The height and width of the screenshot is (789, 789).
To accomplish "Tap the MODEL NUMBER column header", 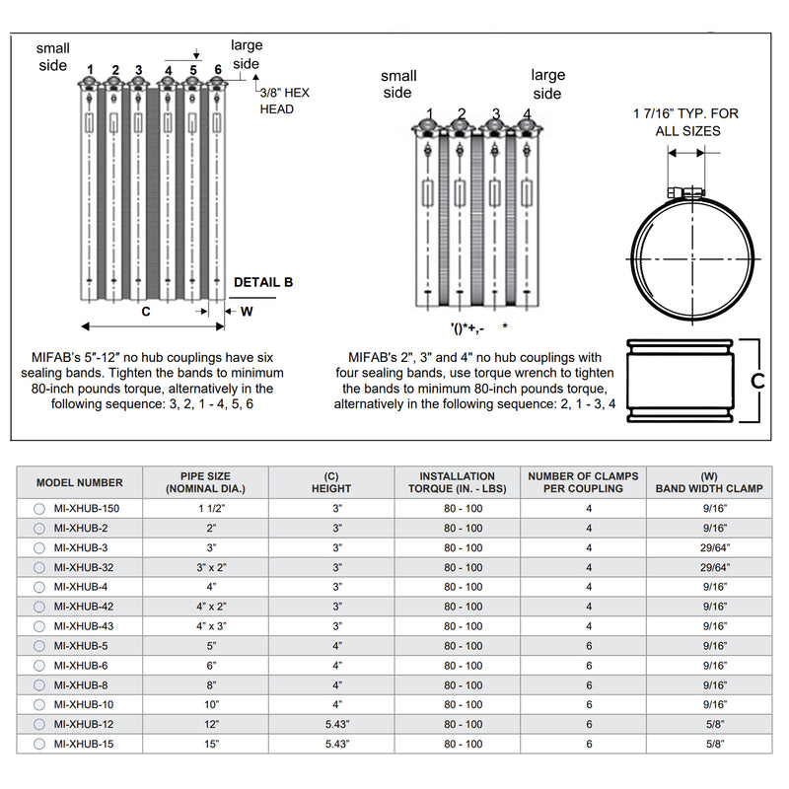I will (80, 482).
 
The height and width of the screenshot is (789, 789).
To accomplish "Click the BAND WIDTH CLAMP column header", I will (708, 482).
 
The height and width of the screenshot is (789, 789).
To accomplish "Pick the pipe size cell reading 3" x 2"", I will (206, 567).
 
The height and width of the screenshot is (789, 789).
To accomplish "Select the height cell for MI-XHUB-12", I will (337, 725).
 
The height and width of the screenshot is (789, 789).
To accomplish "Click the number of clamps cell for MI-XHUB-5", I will (589, 646).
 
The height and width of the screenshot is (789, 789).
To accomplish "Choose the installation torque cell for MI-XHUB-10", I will (460, 705).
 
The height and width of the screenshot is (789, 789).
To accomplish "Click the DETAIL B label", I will (263, 282).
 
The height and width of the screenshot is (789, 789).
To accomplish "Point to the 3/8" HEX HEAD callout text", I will (284, 101).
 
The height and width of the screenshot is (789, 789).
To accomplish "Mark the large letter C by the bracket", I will (759, 381).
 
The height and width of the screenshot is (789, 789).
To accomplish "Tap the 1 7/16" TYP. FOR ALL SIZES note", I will (685, 122).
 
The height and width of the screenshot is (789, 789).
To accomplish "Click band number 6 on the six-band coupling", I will (217, 69).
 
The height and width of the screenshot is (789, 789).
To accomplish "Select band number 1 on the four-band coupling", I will (430, 113).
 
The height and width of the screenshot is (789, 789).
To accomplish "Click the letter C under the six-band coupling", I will (146, 312).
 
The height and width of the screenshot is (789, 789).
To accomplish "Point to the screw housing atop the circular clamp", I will (684, 192).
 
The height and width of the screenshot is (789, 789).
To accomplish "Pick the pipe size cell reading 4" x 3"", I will (206, 626).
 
